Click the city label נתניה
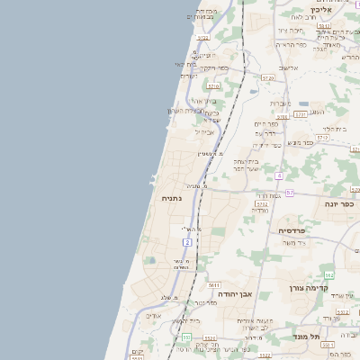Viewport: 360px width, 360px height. (x=172, y=198)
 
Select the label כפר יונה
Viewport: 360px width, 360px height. (x=337, y=204)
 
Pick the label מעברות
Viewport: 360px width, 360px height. (x=280, y=103)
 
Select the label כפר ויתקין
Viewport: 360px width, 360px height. (x=213, y=68)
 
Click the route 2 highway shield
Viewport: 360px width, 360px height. (x=187, y=243)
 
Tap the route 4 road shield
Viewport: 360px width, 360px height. (x=280, y=175)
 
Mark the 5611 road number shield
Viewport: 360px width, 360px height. (x=213, y=285)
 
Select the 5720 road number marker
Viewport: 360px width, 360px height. (x=267, y=78)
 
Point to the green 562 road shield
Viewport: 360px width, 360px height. (x=329, y=274)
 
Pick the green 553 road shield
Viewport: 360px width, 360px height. (x=186, y=337)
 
